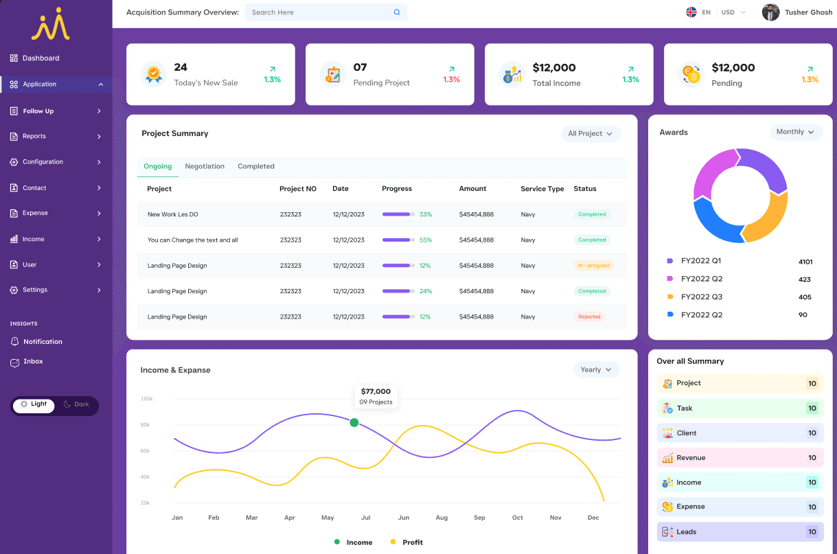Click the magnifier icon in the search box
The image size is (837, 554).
397,12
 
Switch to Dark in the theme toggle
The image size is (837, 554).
77,404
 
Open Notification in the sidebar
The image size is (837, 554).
43,342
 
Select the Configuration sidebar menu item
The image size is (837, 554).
43,162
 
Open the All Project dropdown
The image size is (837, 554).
590,134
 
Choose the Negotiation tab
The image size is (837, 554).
205,166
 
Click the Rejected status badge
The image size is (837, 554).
589,317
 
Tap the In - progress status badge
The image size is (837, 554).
593,266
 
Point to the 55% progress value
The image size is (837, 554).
426,240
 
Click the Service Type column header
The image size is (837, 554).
542,189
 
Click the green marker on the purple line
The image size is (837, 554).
354,422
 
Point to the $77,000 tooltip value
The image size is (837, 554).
376,391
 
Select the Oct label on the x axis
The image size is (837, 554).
518,518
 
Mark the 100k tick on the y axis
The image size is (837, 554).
146,399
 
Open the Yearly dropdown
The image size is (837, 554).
596,370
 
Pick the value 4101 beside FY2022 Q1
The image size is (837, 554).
805,262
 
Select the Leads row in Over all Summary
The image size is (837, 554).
739,532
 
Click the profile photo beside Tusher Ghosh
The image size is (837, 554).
770,12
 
